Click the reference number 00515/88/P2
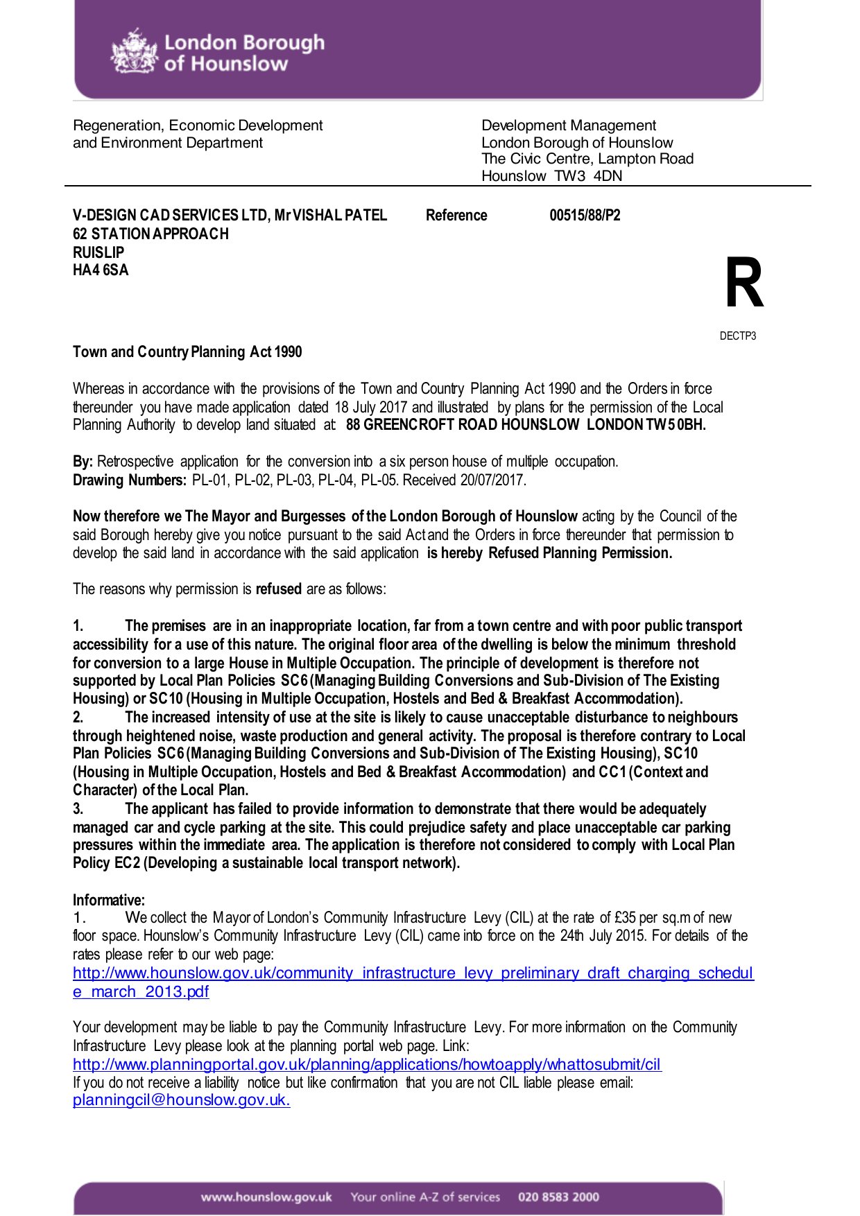point(585,216)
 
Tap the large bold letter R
point(743,284)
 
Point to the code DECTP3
point(737,336)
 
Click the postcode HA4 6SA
point(101,270)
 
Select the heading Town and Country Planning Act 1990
point(187,352)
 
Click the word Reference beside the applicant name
point(456,216)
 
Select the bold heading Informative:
point(109,901)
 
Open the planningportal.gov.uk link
point(367,1064)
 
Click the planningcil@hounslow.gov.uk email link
point(181,1100)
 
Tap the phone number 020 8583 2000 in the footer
point(558,1197)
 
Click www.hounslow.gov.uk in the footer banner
point(266,1197)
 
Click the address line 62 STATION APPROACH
point(150,234)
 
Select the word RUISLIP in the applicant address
point(98,252)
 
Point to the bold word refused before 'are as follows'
point(279,589)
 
